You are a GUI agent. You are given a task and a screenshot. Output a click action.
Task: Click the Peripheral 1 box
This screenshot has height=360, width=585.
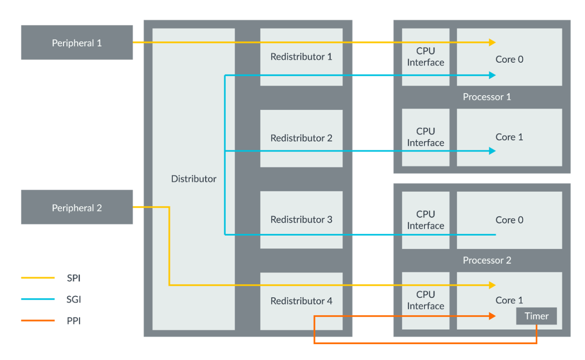[76, 43]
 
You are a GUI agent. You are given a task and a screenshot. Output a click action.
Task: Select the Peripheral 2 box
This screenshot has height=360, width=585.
[76, 208]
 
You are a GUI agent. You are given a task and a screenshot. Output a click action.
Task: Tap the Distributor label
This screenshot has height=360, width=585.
[193, 179]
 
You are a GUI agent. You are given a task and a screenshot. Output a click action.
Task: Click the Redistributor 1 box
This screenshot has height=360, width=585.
[301, 57]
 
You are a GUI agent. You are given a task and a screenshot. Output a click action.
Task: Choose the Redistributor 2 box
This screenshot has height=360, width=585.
[301, 138]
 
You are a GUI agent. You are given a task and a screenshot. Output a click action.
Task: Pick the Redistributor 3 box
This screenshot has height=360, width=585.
[301, 220]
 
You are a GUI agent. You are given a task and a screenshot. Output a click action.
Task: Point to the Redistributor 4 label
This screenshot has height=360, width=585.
[301, 301]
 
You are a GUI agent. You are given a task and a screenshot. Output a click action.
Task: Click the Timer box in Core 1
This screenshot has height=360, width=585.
[536, 316]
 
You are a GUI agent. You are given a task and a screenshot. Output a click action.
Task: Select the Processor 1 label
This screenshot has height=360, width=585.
[487, 97]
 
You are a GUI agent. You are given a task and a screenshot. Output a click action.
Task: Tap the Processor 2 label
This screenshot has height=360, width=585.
[487, 261]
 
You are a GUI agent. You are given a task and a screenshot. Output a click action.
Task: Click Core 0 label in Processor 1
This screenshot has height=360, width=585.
[509, 59]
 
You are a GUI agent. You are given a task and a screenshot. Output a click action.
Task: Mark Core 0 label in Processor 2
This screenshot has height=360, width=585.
[509, 220]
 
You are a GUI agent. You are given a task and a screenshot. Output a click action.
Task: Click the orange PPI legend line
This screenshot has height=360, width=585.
[38, 321]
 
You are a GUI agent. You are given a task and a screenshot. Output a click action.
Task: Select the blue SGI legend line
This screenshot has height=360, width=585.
[38, 299]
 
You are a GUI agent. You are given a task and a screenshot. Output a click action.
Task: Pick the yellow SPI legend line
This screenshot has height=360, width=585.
[38, 278]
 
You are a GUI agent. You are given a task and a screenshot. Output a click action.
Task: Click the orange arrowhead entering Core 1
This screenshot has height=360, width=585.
[492, 317]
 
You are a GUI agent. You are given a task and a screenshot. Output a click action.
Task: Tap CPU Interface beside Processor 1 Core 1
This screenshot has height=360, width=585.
[425, 137]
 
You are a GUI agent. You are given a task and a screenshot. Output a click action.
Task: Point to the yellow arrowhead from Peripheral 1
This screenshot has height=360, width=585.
[492, 42]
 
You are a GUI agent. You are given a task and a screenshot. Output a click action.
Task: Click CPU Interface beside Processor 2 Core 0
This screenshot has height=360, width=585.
[425, 220]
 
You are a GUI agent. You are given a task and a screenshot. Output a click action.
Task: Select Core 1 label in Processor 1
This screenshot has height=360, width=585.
[509, 137]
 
